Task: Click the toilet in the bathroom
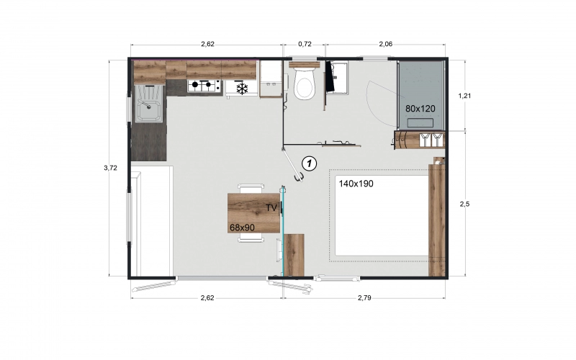(x=305, y=84)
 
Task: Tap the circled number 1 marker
(x=309, y=163)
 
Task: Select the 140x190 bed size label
(x=354, y=184)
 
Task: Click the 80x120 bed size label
(x=420, y=108)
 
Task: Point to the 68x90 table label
(x=242, y=228)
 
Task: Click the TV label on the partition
(x=271, y=207)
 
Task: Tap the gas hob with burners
(x=204, y=86)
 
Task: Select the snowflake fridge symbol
(x=243, y=89)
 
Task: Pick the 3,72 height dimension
(x=111, y=168)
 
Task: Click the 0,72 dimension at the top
(x=305, y=45)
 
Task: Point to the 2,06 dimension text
(x=386, y=45)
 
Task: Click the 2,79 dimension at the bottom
(x=364, y=297)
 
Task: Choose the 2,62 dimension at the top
(x=207, y=45)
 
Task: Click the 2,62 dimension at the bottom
(x=207, y=297)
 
